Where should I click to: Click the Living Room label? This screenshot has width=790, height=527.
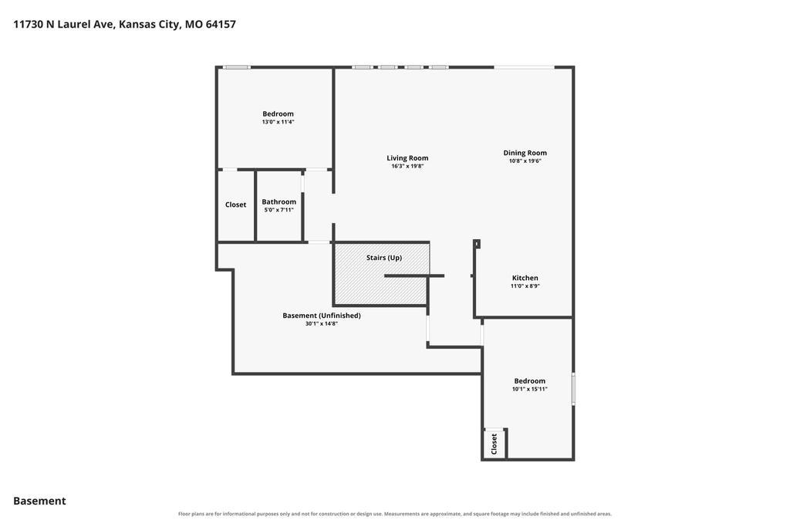[x=407, y=157]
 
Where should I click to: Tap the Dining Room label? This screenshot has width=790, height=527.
[x=525, y=153]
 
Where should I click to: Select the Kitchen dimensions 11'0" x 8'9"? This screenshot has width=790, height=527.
[x=525, y=285]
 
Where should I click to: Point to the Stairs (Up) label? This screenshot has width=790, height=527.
[x=384, y=258]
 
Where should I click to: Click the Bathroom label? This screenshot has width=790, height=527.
[x=279, y=201]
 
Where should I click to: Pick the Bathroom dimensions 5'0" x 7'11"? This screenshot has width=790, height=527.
[x=279, y=210]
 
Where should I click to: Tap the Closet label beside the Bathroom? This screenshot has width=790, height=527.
[x=235, y=204]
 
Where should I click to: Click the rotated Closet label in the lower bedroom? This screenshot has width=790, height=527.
[x=494, y=444]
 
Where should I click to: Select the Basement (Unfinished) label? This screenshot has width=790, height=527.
[x=322, y=316]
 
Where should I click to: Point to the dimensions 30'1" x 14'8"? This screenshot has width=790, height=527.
[x=322, y=323]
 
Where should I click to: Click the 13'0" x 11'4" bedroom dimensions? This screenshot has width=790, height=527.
[x=278, y=122]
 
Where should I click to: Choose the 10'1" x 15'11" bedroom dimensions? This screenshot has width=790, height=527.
[x=529, y=389]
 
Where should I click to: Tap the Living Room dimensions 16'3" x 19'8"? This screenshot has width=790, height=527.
[x=407, y=166]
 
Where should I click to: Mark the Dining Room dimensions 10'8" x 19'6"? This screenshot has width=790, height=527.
[x=525, y=160]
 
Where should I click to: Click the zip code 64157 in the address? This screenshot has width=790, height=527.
[x=221, y=24]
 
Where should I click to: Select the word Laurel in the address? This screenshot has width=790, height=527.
[x=74, y=24]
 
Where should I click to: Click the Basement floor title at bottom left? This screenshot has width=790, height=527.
[x=39, y=501]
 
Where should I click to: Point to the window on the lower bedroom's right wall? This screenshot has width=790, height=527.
[x=573, y=389]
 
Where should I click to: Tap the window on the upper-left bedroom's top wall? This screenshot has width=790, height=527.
[x=237, y=67]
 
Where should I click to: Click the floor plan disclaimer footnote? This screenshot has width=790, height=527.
[x=395, y=514]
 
